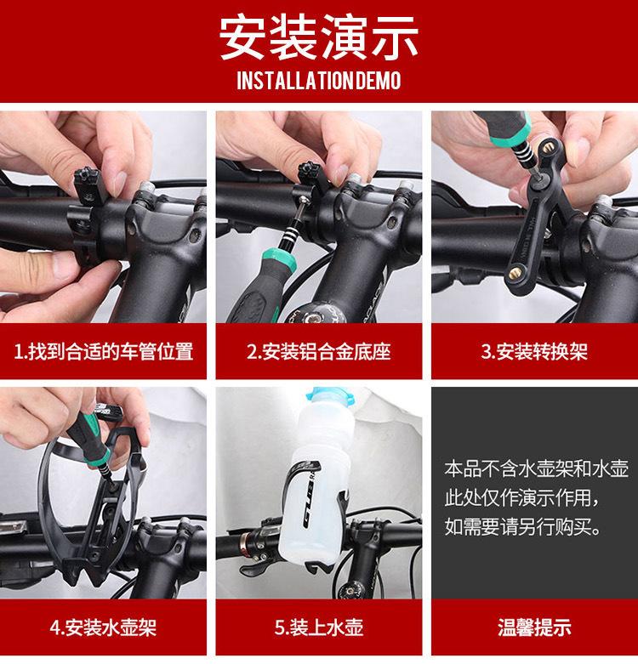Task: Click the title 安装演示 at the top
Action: pyautogui.click(x=319, y=38)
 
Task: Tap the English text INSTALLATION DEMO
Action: pyautogui.click(x=319, y=81)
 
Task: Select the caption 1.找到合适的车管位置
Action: pyautogui.click(x=104, y=351)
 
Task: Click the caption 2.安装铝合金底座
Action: pyautogui.click(x=319, y=351)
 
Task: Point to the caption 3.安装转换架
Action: pyautogui.click(x=534, y=351)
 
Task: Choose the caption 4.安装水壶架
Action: pyautogui.click(x=104, y=627)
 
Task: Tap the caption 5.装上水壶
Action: pyautogui.click(x=319, y=627)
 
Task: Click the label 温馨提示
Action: pyautogui.click(x=534, y=627)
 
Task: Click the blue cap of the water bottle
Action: pyautogui.click(x=330, y=397)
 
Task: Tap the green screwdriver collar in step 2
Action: pyautogui.click(x=279, y=259)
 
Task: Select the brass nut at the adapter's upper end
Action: pyautogui.click(x=549, y=148)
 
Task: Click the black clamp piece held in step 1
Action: pyautogui.click(x=90, y=184)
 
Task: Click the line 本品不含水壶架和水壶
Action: pyautogui.click(x=536, y=469)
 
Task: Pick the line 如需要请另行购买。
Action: pyautogui.click(x=523, y=527)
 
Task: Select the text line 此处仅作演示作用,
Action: pyautogui.click(x=522, y=498)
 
